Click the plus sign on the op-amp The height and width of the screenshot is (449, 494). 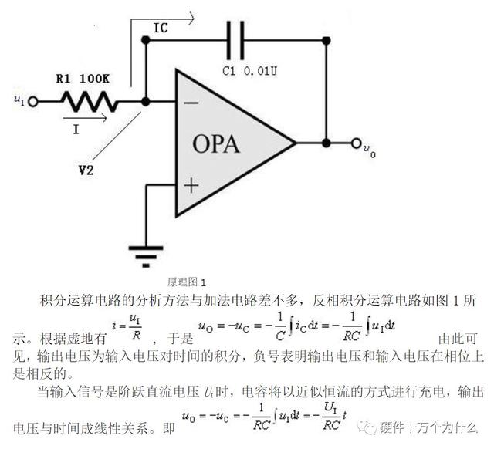coord(191,185)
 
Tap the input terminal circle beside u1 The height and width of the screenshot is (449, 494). coord(32,100)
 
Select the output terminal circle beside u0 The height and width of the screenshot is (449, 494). coord(356,143)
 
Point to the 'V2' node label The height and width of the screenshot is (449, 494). coord(86,170)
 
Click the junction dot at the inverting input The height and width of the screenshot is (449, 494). coord(146,101)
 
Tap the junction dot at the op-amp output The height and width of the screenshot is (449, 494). coord(327,143)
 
